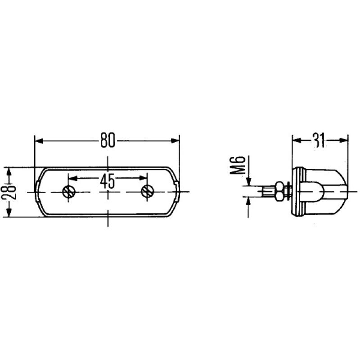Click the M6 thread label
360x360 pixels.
coord(239,165)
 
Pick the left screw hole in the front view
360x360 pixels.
coord(68,192)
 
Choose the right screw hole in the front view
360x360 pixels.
coord(146,192)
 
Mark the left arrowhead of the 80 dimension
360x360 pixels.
coord(39,141)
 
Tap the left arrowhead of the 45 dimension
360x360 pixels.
coord(72,178)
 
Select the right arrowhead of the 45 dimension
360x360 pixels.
coord(143,178)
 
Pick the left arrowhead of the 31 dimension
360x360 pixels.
coord(296,140)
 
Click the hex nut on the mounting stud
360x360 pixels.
coord(279,192)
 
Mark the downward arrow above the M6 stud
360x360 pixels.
coord(248,181)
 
